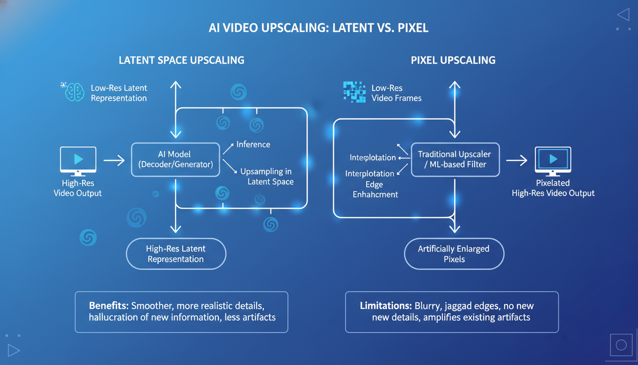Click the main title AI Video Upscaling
[x=319, y=28]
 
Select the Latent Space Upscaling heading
[x=181, y=60]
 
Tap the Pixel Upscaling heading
[x=453, y=60]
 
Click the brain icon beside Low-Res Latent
[x=74, y=92]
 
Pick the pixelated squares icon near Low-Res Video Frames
[x=354, y=92]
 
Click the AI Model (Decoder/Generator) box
[x=175, y=160]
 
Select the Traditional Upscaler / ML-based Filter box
[x=454, y=160]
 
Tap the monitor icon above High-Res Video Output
[x=78, y=160]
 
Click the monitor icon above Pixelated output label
[x=553, y=160]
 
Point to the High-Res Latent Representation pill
[x=176, y=254]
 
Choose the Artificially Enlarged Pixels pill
[x=454, y=254]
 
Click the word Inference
[x=253, y=144]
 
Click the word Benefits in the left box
[x=108, y=306]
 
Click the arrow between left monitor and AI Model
[x=114, y=161]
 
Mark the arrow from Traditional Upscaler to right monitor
[x=516, y=161]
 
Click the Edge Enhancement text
[x=375, y=189]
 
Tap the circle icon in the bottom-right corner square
[x=621, y=346]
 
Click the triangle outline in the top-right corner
[x=623, y=15]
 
